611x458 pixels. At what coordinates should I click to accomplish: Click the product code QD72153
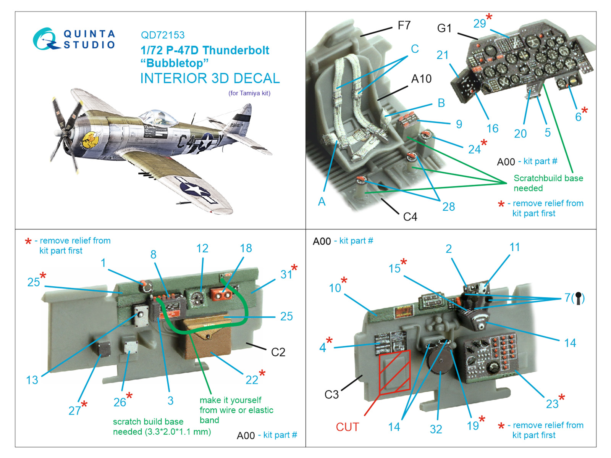163,35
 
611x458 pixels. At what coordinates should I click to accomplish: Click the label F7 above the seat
404,26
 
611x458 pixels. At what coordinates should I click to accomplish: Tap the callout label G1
444,28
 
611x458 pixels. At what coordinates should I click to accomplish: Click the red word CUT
347,427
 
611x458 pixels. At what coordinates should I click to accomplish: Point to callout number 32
436,429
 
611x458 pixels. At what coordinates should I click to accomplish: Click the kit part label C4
410,217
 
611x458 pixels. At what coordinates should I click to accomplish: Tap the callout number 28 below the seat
448,206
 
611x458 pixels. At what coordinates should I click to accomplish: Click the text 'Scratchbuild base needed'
548,183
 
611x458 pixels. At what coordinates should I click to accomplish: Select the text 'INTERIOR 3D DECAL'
210,78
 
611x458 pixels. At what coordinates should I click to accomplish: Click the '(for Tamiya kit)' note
249,93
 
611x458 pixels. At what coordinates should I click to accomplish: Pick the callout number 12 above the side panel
202,248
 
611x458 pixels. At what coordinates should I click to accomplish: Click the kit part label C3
331,394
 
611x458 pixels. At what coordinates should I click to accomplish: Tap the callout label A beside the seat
322,202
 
